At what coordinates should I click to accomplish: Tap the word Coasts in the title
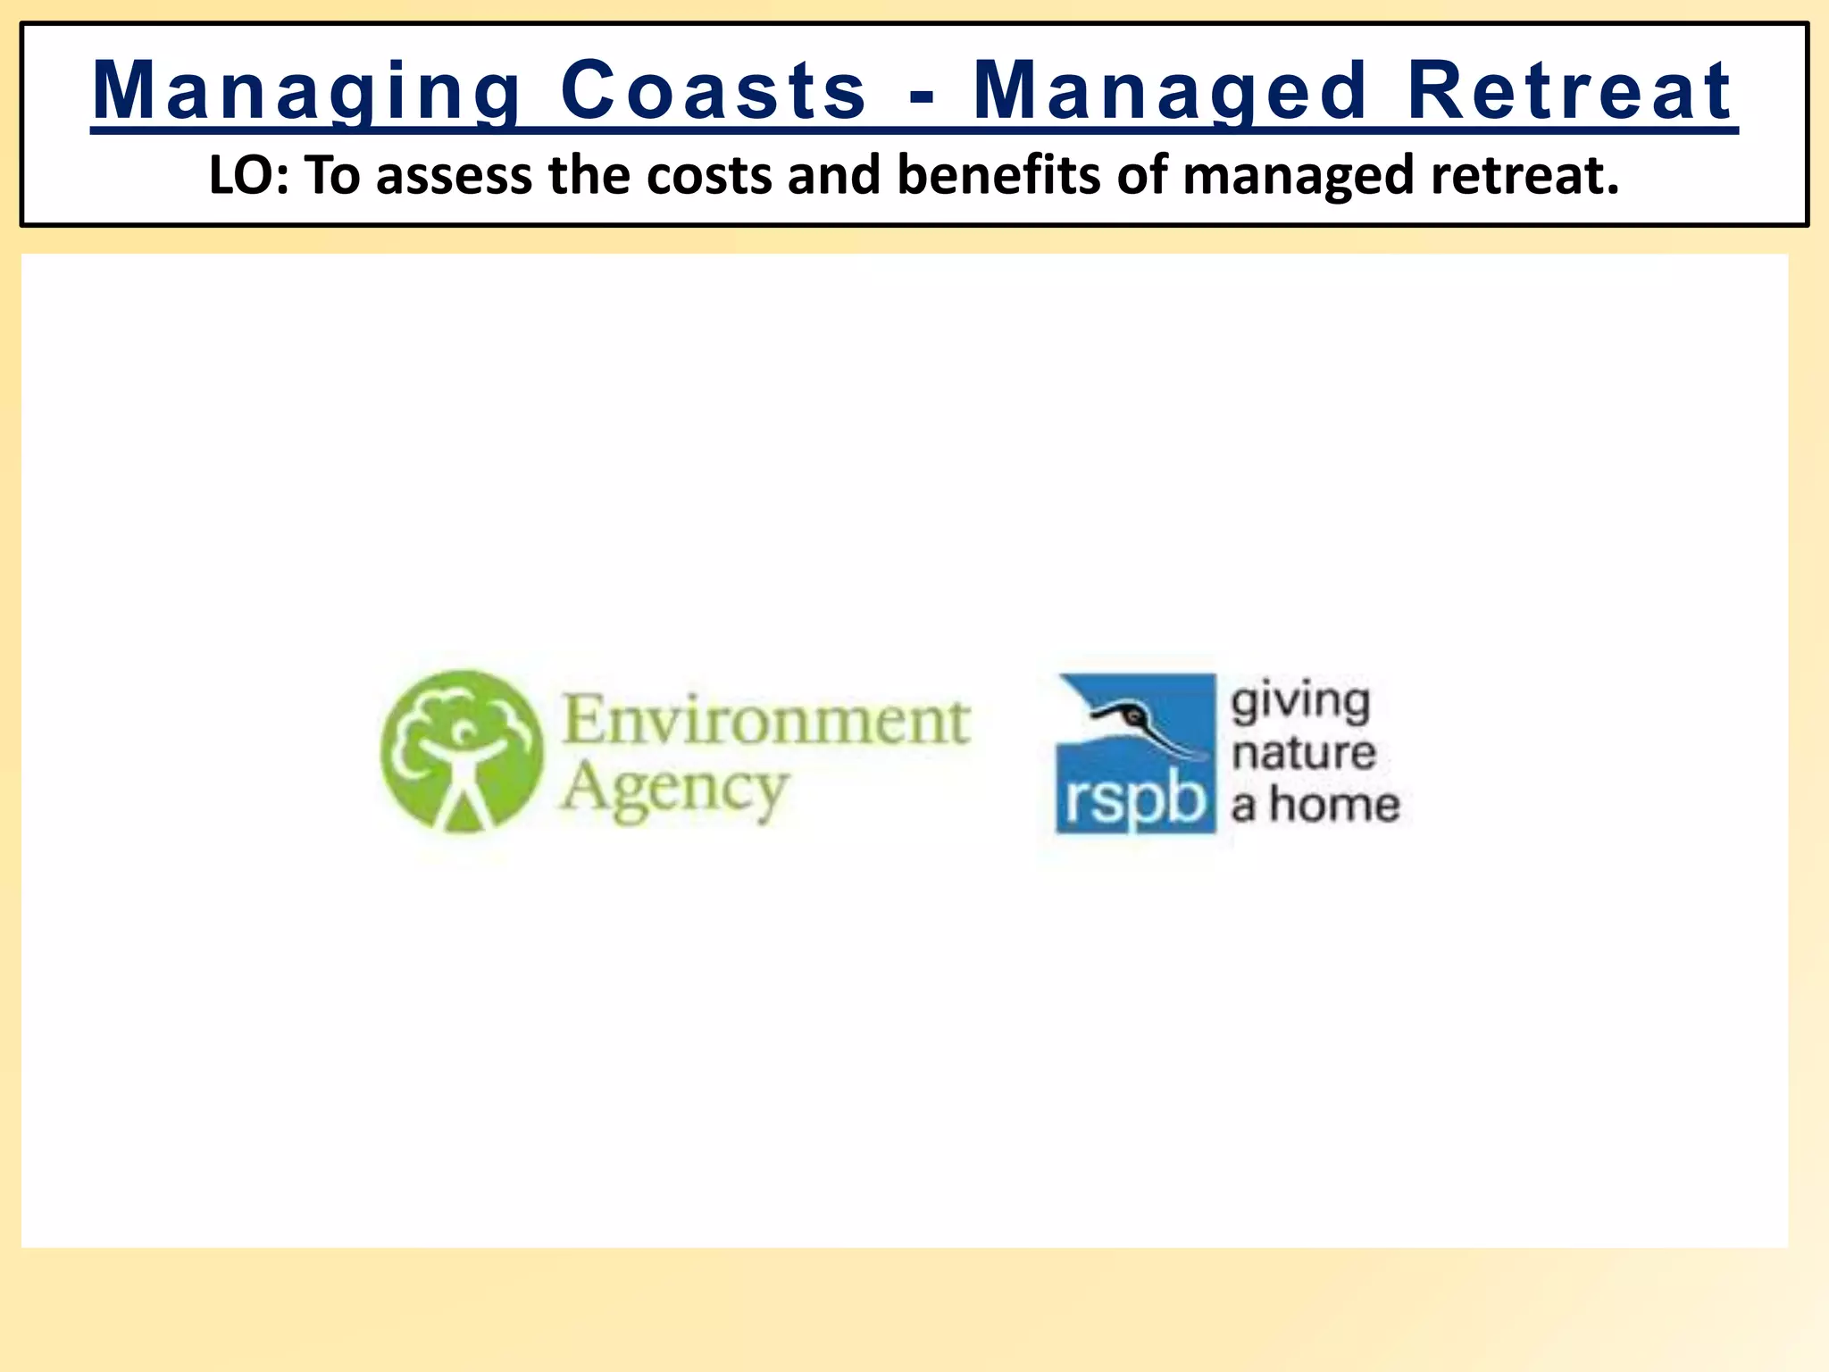coord(713,91)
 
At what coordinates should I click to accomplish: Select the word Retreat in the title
coord(1570,91)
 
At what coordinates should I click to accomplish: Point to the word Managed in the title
coord(1170,91)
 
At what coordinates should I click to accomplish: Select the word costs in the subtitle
coord(709,175)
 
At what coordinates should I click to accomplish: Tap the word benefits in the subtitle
coord(998,175)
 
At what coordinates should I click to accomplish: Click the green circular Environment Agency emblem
coord(461,752)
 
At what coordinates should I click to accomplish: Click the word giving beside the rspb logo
coord(1300,704)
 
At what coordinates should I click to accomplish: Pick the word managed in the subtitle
coord(1299,175)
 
